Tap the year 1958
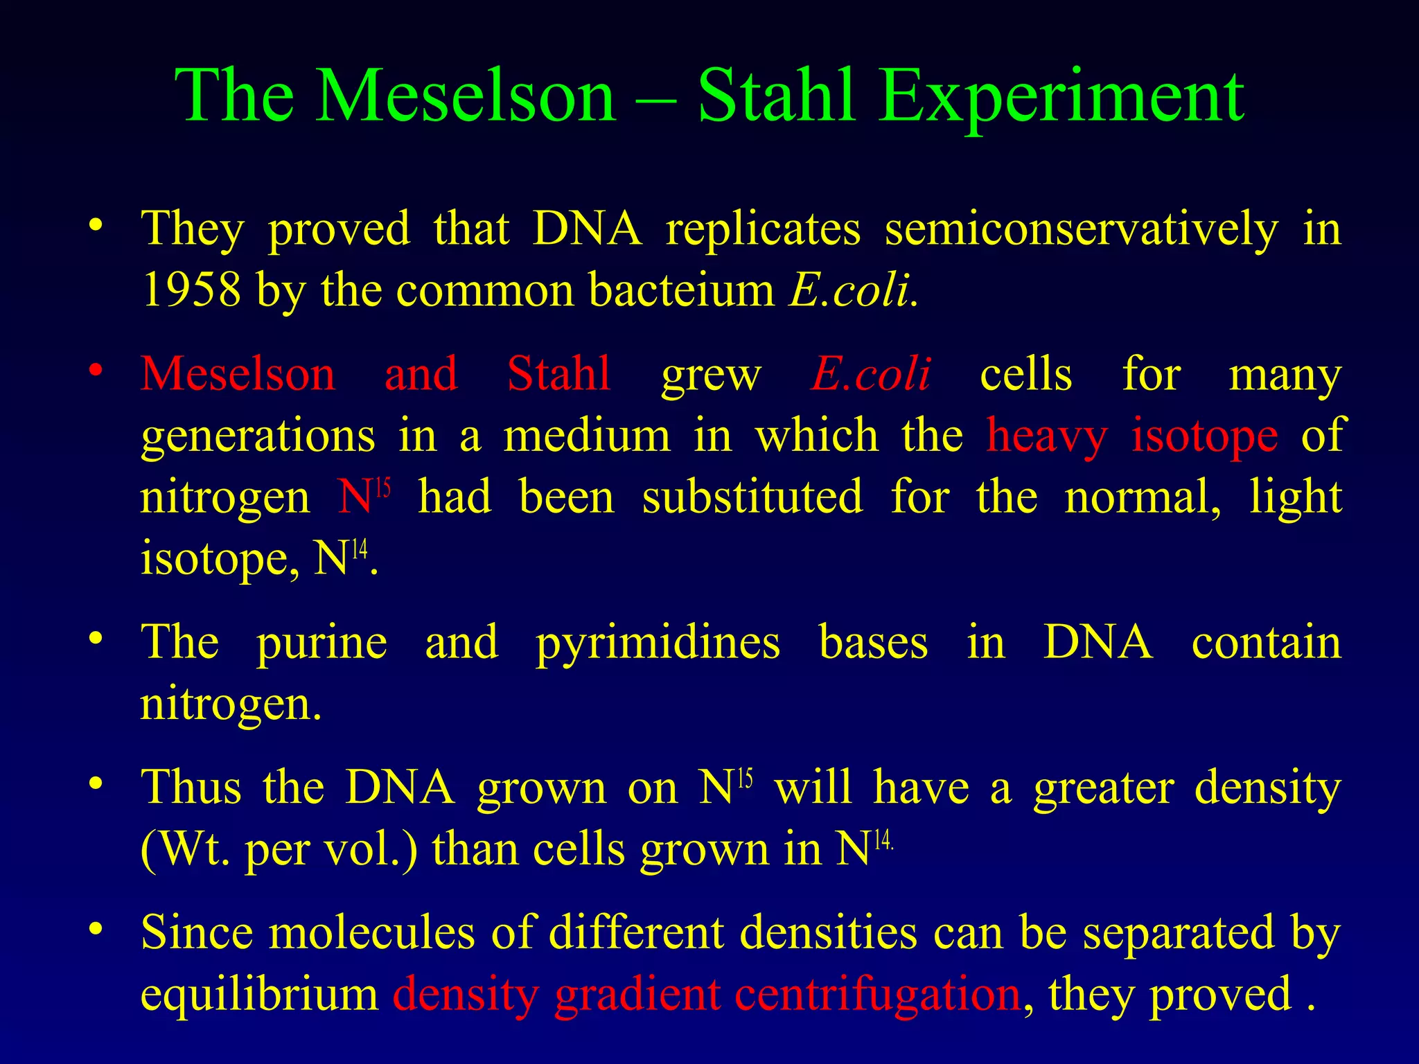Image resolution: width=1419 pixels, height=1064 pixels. (x=191, y=290)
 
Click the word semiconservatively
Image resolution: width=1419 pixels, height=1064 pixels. (x=1081, y=229)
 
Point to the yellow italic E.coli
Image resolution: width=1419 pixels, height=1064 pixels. (x=853, y=290)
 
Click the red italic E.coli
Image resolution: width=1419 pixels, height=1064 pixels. (x=871, y=374)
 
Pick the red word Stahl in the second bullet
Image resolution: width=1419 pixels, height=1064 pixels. (x=558, y=374)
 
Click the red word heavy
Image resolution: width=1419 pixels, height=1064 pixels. (x=1047, y=436)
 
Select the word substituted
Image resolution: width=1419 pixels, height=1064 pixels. (x=752, y=497)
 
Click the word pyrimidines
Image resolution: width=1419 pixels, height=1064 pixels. (x=658, y=643)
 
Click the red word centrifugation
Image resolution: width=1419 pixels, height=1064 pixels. (x=876, y=995)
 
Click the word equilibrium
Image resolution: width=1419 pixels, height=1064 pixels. (x=259, y=995)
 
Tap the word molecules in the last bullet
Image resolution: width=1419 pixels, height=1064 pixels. (x=371, y=932)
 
